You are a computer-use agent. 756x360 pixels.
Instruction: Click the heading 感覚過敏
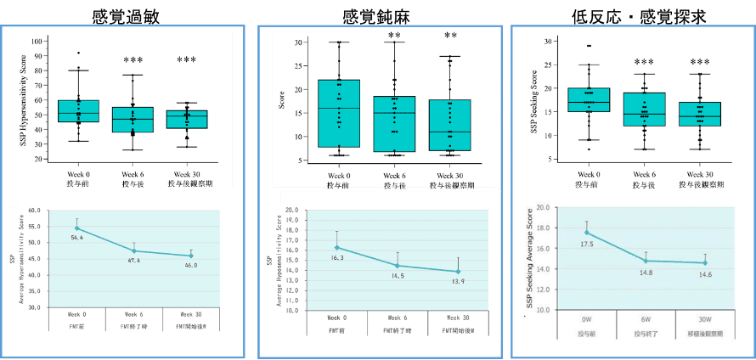(127, 15)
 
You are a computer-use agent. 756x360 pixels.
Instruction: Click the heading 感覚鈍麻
(378, 15)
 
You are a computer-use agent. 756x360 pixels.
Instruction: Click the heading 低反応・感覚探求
(633, 15)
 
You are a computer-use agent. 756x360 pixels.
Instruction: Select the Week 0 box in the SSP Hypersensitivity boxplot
(79, 111)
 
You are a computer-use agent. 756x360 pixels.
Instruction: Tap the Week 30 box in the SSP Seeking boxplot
(700, 114)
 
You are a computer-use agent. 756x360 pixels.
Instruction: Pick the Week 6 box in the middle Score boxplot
(394, 124)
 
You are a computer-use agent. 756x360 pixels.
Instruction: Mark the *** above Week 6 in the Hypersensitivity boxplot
(133, 61)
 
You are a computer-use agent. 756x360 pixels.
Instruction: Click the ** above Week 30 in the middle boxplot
(450, 36)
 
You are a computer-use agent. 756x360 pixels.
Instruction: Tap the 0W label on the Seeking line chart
(586, 319)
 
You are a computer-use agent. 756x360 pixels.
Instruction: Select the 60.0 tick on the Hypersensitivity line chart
(34, 211)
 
